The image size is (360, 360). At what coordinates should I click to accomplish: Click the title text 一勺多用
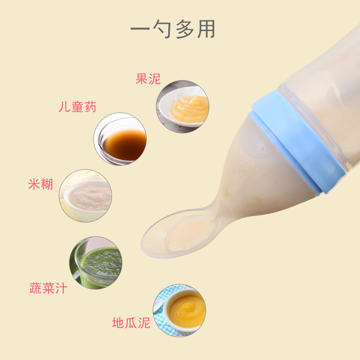173,29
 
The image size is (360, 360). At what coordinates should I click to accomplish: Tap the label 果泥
148,79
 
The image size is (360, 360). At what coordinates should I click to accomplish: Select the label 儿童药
77,107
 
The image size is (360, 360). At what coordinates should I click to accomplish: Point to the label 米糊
40,184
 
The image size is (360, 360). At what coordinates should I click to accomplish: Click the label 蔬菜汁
49,288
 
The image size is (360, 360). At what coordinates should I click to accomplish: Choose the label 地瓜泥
131,323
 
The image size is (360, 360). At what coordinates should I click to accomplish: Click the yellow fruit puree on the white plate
189,109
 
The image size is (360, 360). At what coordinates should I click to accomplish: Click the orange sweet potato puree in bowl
187,311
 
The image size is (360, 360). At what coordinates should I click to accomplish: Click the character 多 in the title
184,29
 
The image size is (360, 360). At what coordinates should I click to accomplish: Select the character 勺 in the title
162,29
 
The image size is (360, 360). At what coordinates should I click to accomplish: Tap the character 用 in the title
207,29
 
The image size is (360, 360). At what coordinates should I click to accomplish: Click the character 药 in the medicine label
90,107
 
